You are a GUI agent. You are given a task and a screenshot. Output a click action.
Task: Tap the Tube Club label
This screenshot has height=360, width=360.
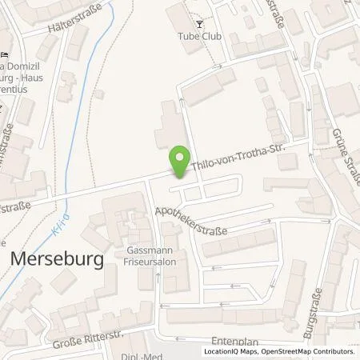198,34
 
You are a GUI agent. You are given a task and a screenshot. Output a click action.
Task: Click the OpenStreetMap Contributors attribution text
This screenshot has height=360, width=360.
311,351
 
